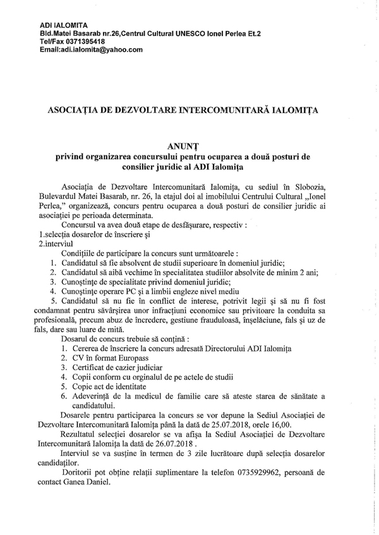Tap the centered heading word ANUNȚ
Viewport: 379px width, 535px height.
(x=189, y=145)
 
